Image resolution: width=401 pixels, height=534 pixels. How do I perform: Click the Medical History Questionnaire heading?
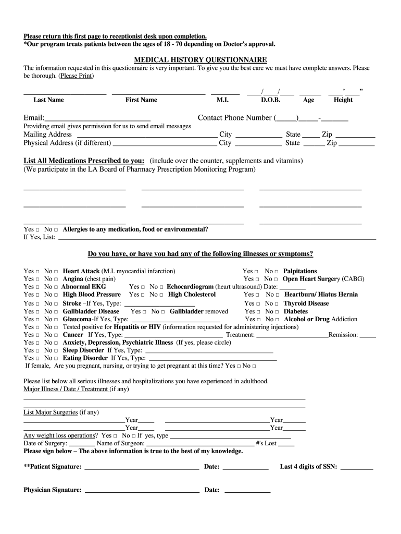click(x=200, y=60)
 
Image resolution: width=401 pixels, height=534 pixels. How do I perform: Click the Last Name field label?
click(x=48, y=100)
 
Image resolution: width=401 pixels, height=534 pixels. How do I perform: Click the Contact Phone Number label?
click(x=235, y=118)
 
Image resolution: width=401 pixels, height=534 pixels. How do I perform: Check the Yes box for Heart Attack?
click(x=37, y=272)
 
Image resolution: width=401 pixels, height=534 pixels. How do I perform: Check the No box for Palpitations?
click(x=277, y=272)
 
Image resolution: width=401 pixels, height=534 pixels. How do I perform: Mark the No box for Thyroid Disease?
click(x=277, y=304)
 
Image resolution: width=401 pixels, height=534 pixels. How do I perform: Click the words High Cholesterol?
click(x=192, y=295)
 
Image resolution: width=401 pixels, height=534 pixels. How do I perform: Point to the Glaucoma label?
click(x=77, y=319)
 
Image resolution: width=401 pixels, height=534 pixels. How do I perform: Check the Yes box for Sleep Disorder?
click(x=37, y=350)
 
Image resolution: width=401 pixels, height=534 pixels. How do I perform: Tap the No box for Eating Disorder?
click(x=57, y=358)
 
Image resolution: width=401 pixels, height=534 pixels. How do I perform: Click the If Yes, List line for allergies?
click(x=217, y=239)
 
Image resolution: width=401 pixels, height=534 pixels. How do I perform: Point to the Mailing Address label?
click(x=48, y=135)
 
